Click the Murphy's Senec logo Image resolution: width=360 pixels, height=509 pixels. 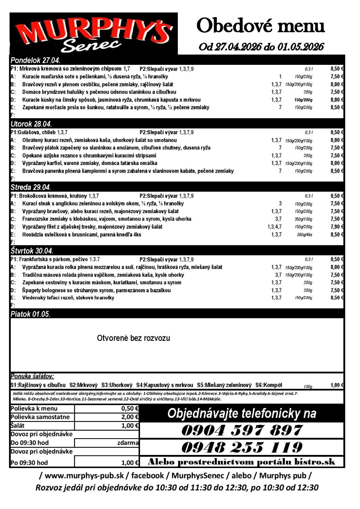point(94,34)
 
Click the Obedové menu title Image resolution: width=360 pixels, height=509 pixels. point(261,26)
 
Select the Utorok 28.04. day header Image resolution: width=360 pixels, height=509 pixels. point(32,124)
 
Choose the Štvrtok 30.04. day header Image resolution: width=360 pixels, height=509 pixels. point(32,251)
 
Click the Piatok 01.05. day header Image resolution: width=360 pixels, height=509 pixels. point(30,314)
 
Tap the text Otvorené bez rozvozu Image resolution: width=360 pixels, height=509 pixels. point(133,338)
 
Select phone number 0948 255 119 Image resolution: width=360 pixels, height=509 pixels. point(241,447)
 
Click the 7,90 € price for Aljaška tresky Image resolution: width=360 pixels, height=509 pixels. point(337,227)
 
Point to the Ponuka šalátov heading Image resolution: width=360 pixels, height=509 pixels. point(32,376)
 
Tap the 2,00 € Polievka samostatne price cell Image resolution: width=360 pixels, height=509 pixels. point(130,417)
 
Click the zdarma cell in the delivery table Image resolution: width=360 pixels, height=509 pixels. point(127,443)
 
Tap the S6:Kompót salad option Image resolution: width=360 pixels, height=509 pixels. point(269,385)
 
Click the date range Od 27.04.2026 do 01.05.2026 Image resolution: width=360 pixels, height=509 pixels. point(261,47)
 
